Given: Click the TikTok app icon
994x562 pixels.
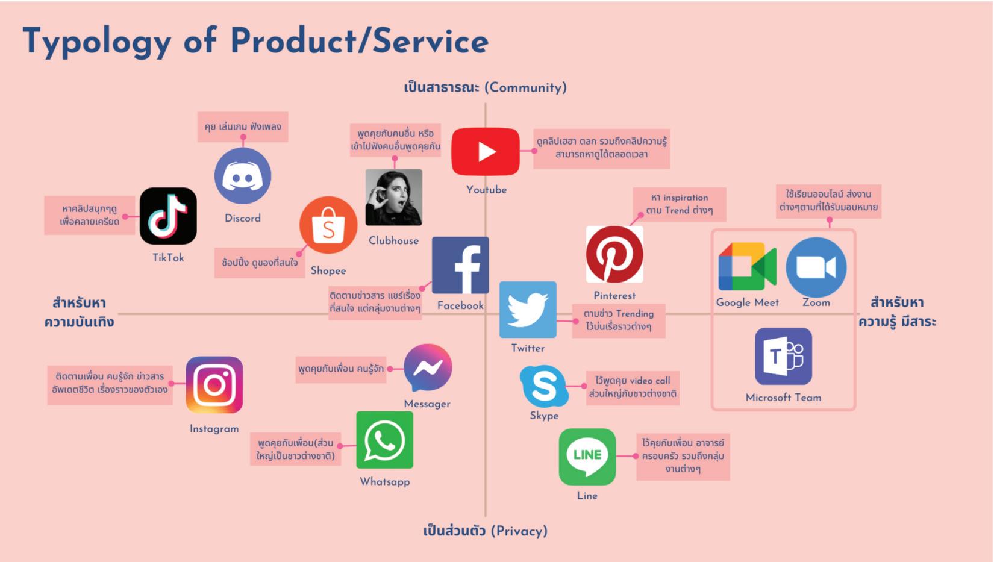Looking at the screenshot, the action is click(168, 216).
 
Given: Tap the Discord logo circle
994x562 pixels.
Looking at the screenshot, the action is click(243, 176).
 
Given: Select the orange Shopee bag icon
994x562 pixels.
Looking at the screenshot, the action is click(328, 225).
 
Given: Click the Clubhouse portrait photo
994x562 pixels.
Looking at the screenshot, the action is click(394, 198).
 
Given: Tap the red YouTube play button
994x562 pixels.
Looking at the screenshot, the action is click(486, 152).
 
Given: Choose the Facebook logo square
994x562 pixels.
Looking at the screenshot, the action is click(460, 265).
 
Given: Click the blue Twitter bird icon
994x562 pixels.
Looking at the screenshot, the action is click(528, 310).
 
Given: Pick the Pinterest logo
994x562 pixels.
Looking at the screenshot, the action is click(614, 254).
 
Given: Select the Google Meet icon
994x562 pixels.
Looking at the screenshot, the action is click(747, 267).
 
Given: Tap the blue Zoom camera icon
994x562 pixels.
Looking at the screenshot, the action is click(816, 267).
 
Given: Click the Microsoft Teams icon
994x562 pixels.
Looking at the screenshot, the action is click(783, 357).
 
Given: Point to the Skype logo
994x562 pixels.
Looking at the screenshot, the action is click(544, 386).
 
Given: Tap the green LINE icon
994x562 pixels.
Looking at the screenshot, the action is click(587, 457).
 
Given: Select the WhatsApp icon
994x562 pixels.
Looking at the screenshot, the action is click(384, 440).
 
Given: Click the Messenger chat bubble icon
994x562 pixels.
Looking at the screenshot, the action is click(428, 368).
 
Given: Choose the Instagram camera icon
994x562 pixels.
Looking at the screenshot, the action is click(214, 385).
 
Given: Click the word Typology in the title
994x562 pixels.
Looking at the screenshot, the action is click(96, 42).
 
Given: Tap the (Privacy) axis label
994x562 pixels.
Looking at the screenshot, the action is click(519, 531).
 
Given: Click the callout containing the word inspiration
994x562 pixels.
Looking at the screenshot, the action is click(680, 204).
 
